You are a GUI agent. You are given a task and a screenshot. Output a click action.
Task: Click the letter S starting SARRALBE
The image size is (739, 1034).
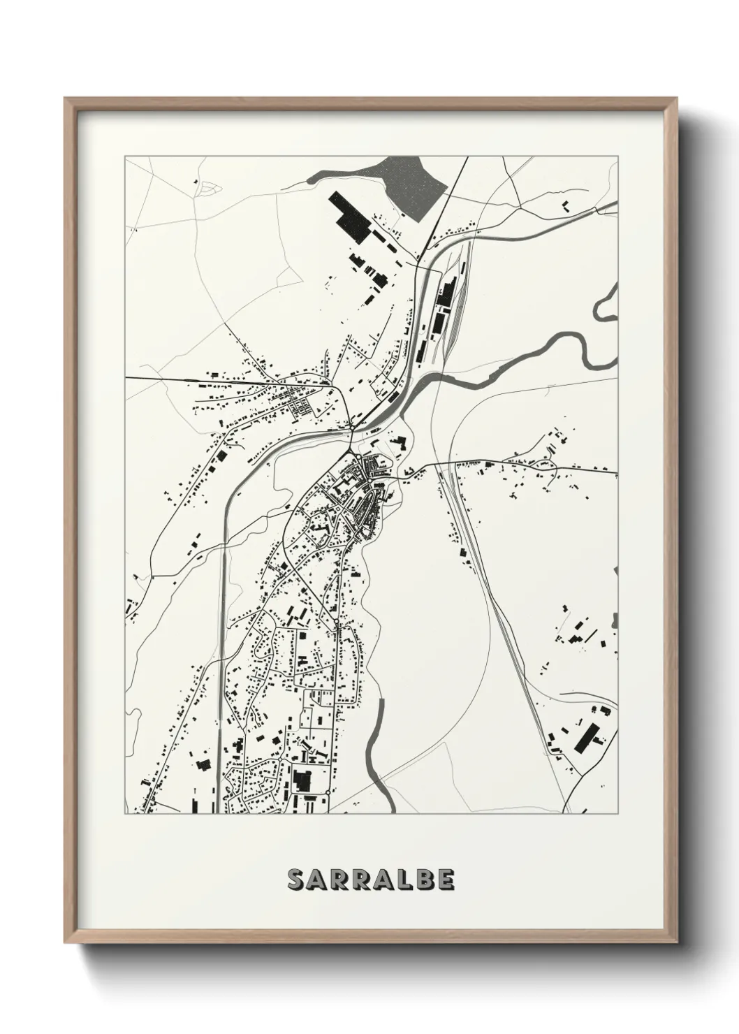coord(295,880)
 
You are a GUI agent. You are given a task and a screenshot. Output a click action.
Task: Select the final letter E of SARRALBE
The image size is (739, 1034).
coord(446,880)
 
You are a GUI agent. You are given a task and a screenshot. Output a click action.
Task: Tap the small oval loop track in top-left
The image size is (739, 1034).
coord(206,187)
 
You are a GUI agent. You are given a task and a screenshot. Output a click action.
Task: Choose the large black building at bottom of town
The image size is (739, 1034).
coord(302,779)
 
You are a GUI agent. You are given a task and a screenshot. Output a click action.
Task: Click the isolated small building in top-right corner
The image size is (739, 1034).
coord(565,205)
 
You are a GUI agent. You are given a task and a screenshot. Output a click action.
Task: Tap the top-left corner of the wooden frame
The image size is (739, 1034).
coord(67,100)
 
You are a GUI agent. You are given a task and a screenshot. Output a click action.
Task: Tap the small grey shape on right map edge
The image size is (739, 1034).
coord(615,620)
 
